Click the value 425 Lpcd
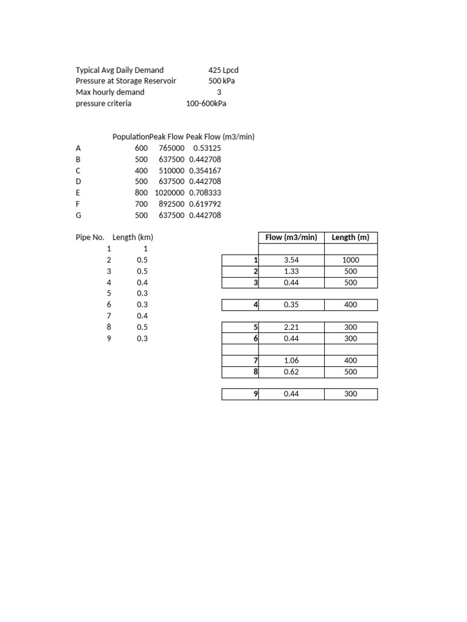[223, 70]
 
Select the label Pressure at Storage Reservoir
[126, 81]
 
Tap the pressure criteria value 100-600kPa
[207, 103]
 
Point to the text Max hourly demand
[110, 92]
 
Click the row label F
[78, 203]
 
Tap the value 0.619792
[205, 203]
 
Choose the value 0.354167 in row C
[205, 170]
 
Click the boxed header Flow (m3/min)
[291, 237]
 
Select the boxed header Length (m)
[350, 237]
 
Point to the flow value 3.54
[291, 260]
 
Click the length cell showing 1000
[350, 260]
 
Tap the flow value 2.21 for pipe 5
[291, 327]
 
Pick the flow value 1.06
[291, 360]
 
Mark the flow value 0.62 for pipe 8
[291, 372]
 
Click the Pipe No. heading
[90, 237]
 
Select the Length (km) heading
[133, 237]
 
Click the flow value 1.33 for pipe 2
[291, 271]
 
